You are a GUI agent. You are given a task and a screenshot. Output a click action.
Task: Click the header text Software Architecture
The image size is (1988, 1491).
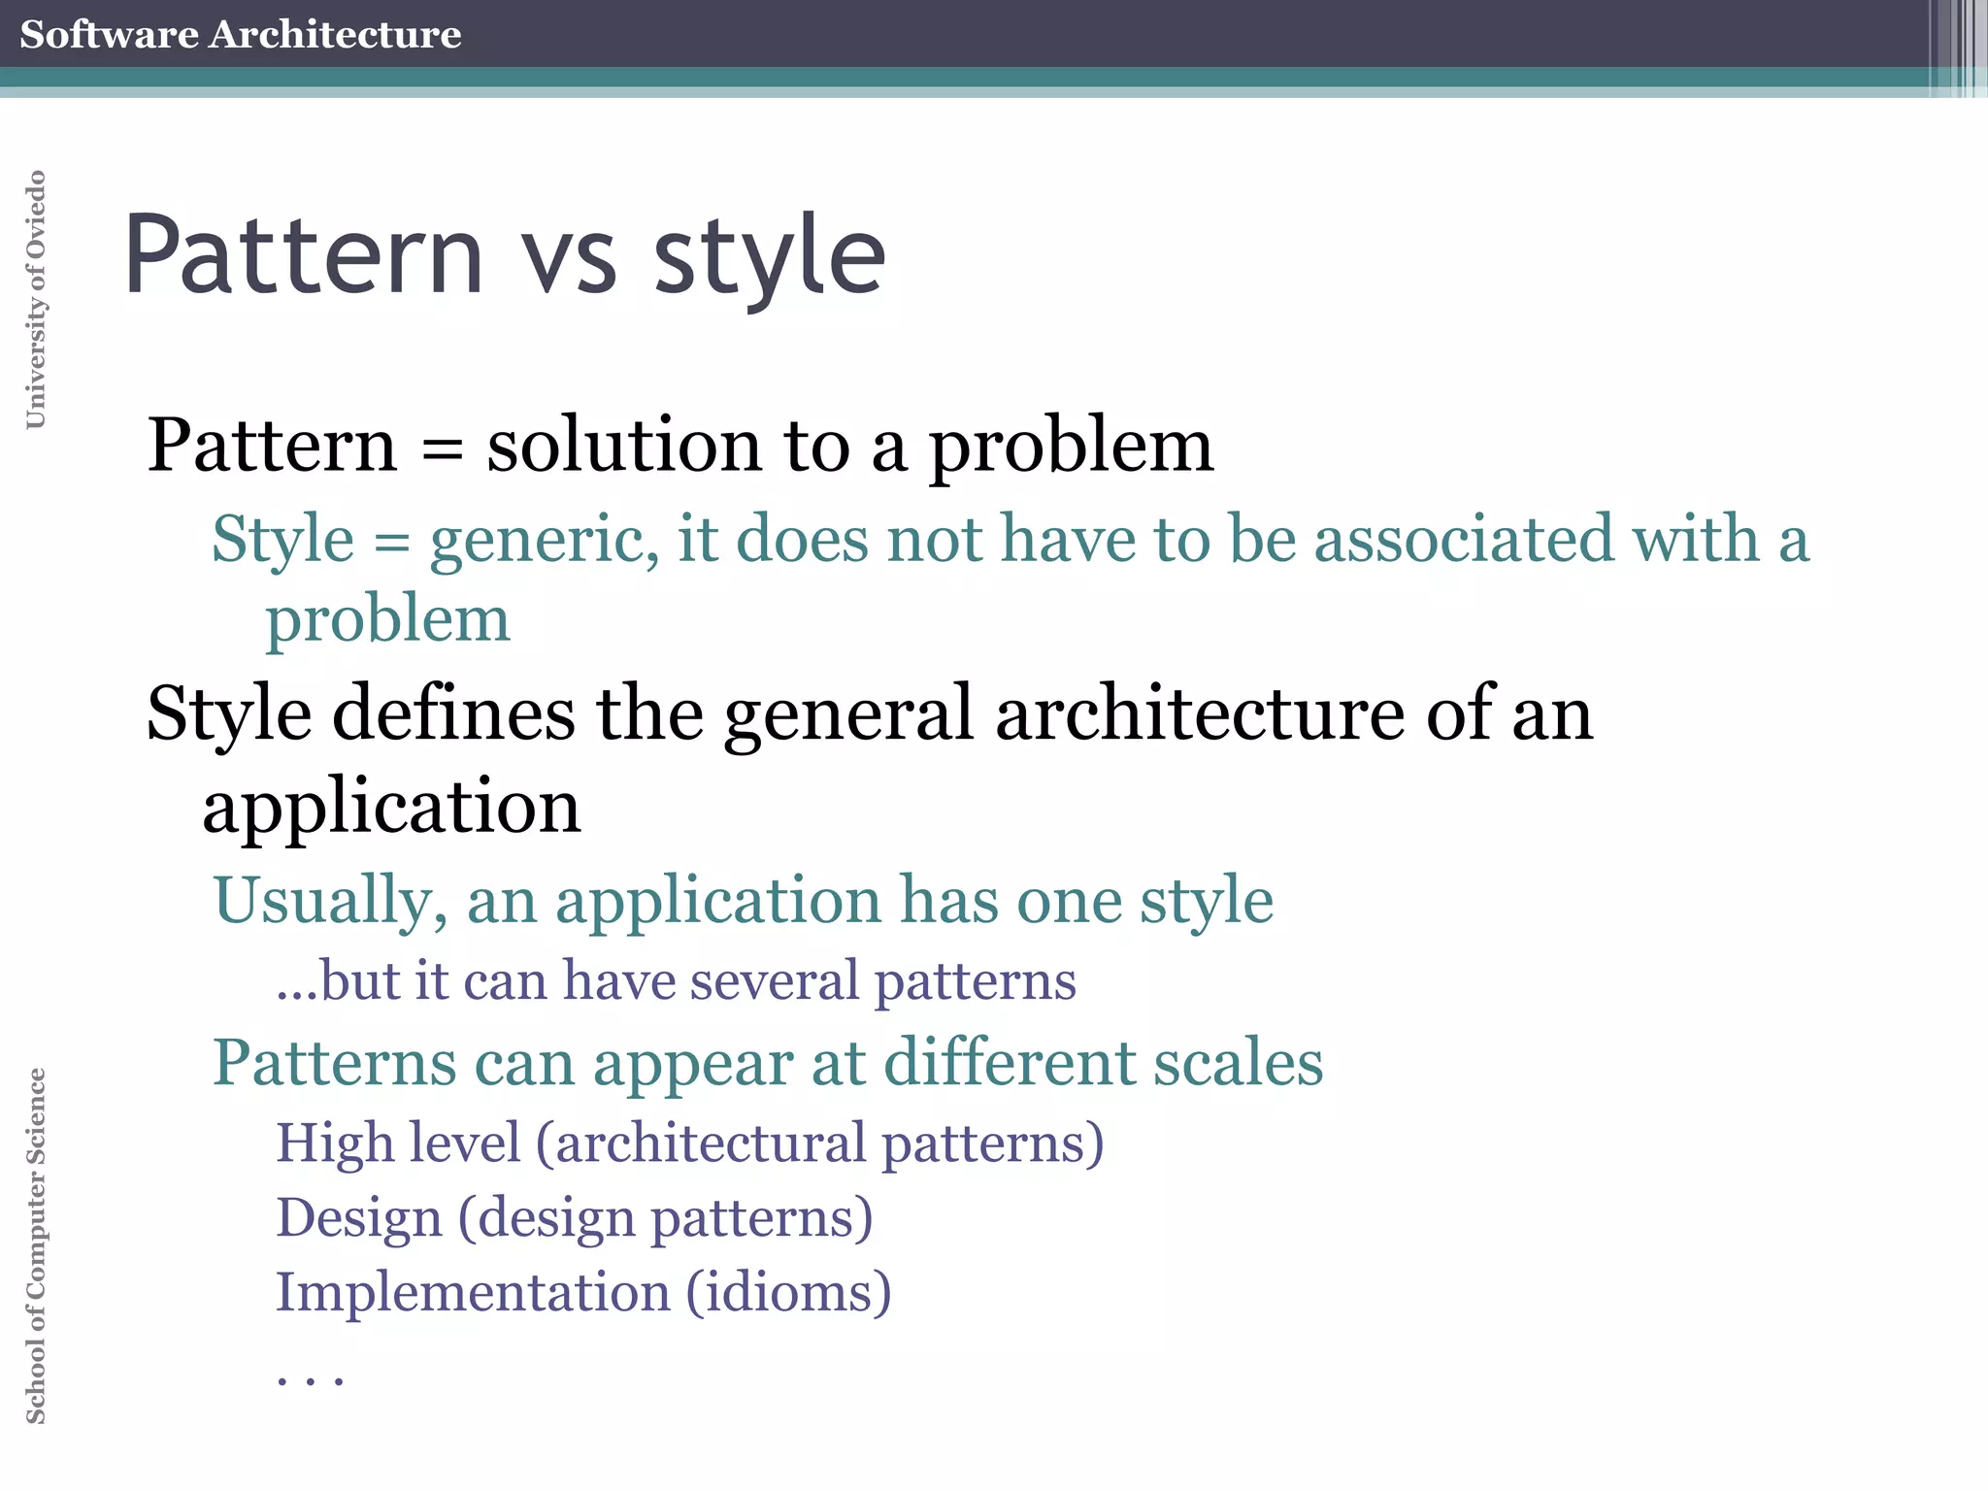click(x=240, y=34)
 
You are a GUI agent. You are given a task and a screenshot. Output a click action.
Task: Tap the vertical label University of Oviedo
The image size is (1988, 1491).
click(x=36, y=299)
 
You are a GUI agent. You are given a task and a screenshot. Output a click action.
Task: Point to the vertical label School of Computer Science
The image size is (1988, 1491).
click(x=36, y=1245)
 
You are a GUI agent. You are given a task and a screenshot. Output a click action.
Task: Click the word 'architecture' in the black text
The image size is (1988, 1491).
click(x=1200, y=713)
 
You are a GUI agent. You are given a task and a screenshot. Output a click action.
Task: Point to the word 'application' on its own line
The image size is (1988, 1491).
click(x=391, y=809)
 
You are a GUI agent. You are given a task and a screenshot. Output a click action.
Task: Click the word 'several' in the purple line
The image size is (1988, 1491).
click(x=775, y=980)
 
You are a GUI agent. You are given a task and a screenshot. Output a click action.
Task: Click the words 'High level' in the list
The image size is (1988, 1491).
click(x=398, y=1143)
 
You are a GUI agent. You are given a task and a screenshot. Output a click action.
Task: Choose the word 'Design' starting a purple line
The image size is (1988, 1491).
click(x=359, y=1218)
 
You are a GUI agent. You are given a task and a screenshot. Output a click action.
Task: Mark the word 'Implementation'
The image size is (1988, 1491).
click(x=473, y=1292)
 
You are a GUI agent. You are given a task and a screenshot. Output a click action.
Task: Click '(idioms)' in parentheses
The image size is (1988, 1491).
click(x=788, y=1292)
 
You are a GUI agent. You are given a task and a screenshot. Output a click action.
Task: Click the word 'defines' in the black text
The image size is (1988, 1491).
click(x=454, y=713)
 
